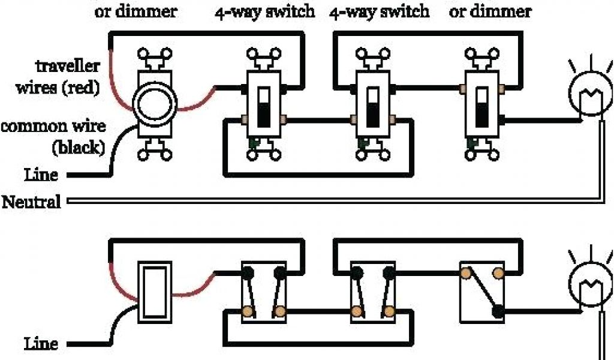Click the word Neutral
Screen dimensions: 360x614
[32, 202]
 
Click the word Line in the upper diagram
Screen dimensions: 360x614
[41, 175]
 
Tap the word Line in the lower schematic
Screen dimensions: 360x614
[41, 344]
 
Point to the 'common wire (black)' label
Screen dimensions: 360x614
[54, 136]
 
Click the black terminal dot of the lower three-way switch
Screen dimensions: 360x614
[497, 311]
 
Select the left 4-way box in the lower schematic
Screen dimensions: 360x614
[264, 292]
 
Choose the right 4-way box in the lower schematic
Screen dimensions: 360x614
[373, 292]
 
